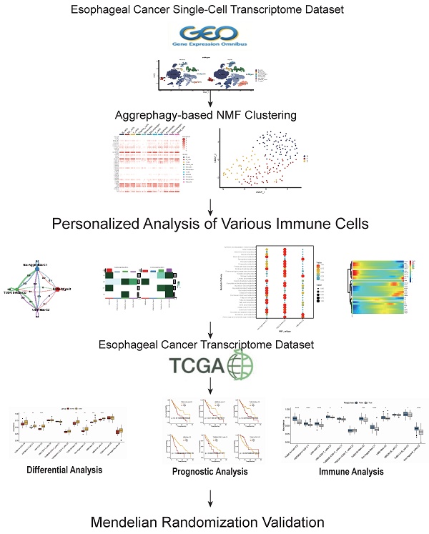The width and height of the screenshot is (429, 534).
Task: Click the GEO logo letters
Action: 213,34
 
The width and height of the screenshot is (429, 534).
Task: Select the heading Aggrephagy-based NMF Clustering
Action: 213,114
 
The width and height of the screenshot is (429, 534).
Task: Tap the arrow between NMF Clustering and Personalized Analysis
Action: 213,208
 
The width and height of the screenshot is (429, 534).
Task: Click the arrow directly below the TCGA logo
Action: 213,388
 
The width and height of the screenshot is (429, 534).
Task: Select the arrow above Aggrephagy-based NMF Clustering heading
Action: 213,101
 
